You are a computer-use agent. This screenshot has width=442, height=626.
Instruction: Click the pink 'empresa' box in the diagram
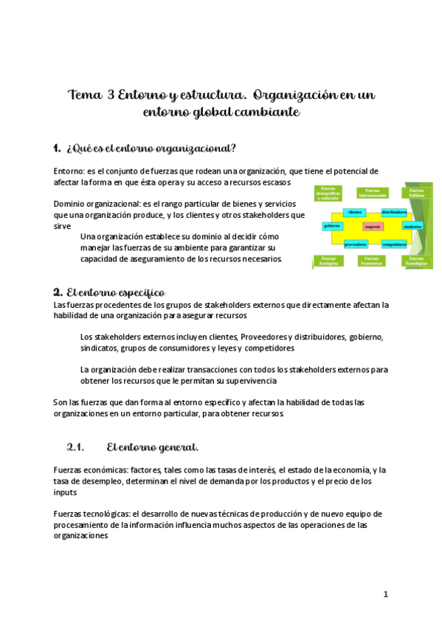coord(373,227)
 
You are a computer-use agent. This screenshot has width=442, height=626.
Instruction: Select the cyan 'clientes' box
coord(353,212)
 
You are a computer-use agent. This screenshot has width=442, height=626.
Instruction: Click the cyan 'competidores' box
coord(395,243)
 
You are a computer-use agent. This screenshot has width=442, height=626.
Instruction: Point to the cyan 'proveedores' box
coord(356,243)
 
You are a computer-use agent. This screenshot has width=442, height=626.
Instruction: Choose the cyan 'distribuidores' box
coord(395,212)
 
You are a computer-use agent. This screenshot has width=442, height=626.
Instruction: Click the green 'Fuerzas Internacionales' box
coord(372,193)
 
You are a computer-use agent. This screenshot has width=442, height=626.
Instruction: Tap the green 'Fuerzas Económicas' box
coord(372,261)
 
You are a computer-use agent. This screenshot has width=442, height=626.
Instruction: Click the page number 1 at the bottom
coord(385,594)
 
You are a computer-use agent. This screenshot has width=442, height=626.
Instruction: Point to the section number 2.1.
coord(77,447)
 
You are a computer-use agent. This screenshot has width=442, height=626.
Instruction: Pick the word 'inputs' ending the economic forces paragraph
coord(66,492)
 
